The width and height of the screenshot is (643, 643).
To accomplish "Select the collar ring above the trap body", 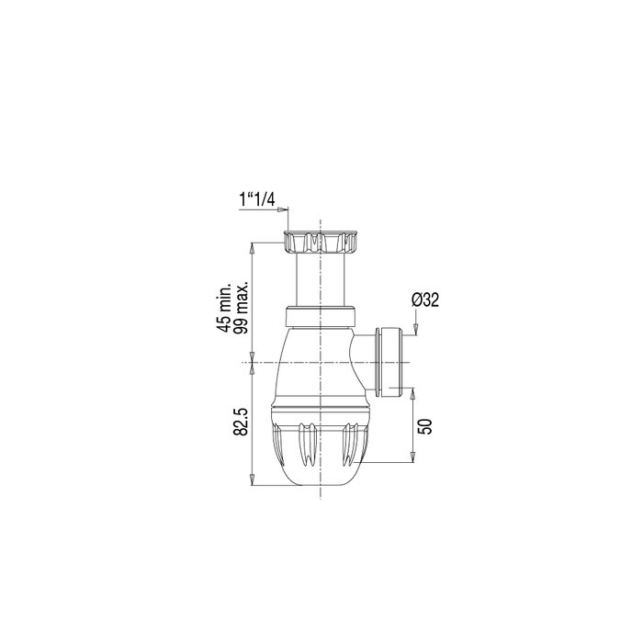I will pyautogui.click(x=319, y=315).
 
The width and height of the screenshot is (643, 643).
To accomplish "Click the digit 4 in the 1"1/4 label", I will pyautogui.click(x=273, y=197).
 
